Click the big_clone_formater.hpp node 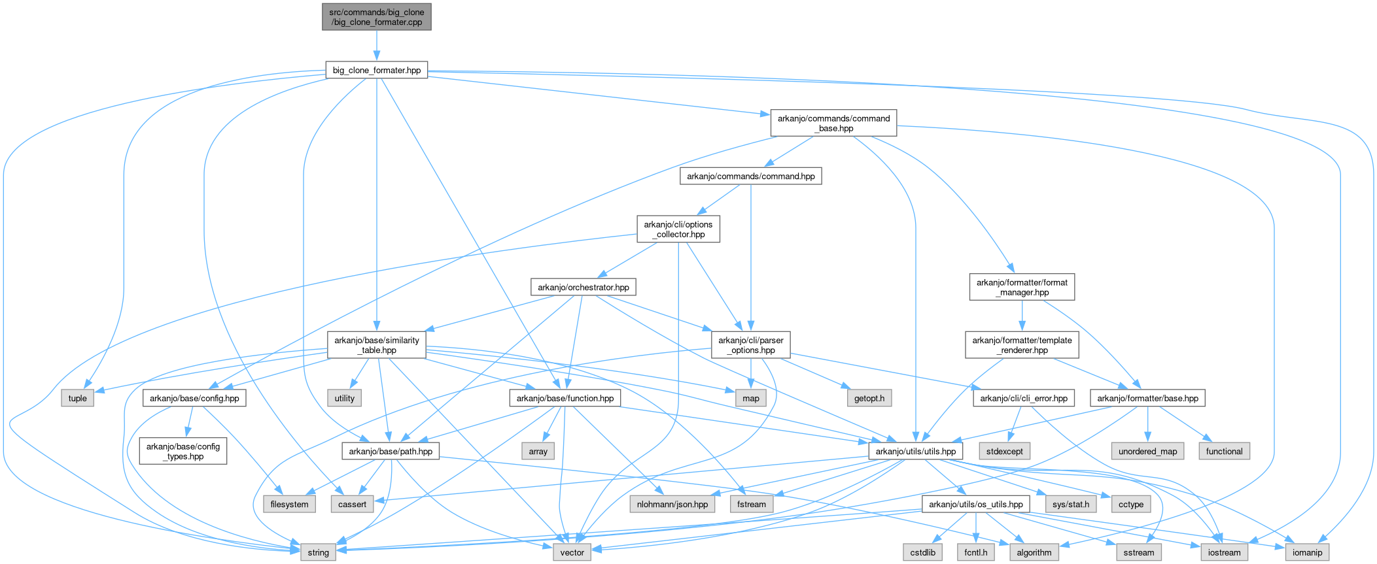tap(376, 70)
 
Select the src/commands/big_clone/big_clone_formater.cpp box tap(376, 17)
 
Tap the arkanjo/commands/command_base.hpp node tap(833, 123)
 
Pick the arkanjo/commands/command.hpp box tap(750, 176)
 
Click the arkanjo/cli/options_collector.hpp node tap(678, 229)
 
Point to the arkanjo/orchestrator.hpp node tap(583, 287)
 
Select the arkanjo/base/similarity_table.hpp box tap(376, 345)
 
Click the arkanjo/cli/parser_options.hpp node tap(750, 345)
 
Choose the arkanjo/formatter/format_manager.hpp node tap(1021, 287)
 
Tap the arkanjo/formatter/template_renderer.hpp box tap(1021, 345)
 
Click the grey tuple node tap(77, 398)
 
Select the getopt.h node tap(869, 398)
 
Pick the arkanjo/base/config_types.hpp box tap(183, 451)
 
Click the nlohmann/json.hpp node tap(672, 504)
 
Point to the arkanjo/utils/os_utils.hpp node tap(975, 504)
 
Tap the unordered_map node tap(1147, 451)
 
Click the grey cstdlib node tap(922, 552)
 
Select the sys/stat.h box tap(1070, 504)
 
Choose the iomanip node tap(1307, 552)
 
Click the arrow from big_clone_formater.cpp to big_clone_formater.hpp tap(376, 46)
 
